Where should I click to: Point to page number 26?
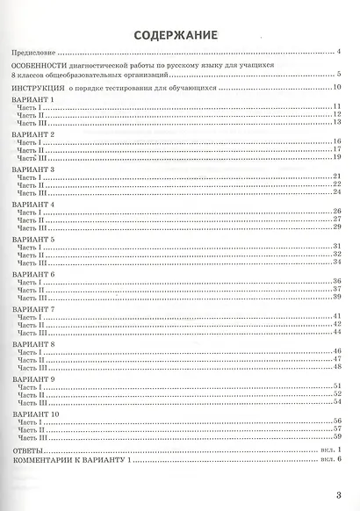tap(336, 212)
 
